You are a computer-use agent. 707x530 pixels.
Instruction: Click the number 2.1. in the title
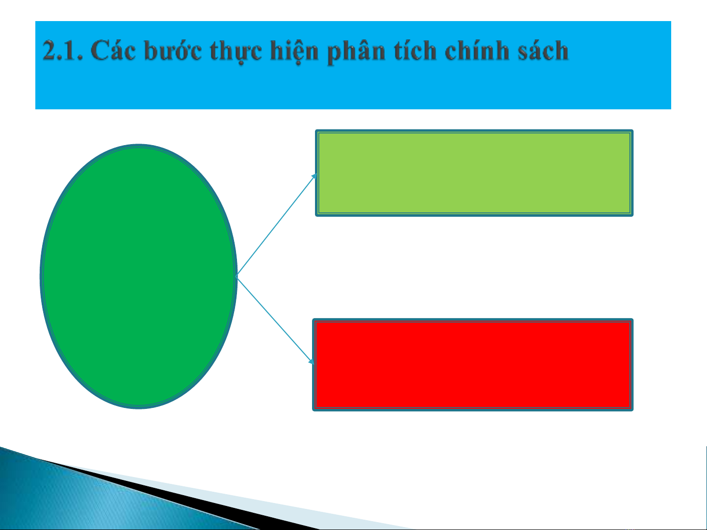[63, 50]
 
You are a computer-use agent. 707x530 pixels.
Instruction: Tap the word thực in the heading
[236, 51]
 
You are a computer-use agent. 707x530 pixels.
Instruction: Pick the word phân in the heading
[356, 52]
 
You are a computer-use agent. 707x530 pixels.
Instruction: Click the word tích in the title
[415, 50]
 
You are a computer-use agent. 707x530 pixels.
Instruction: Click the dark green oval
[138, 277]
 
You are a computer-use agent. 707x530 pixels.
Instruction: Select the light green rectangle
[474, 173]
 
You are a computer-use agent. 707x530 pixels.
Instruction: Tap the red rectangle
[473, 365]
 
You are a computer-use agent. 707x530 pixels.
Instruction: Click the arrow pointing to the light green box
[277, 225]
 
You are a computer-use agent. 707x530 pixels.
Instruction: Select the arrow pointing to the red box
[275, 321]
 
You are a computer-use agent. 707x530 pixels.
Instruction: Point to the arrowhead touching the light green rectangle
[314, 177]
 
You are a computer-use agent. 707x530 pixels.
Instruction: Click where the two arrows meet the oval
[236, 277]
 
